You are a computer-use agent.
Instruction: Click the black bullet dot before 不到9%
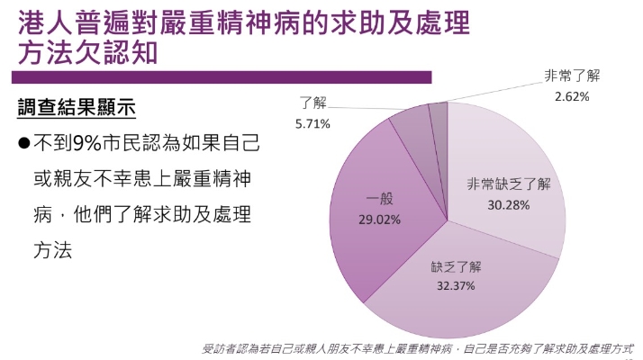point(24,143)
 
